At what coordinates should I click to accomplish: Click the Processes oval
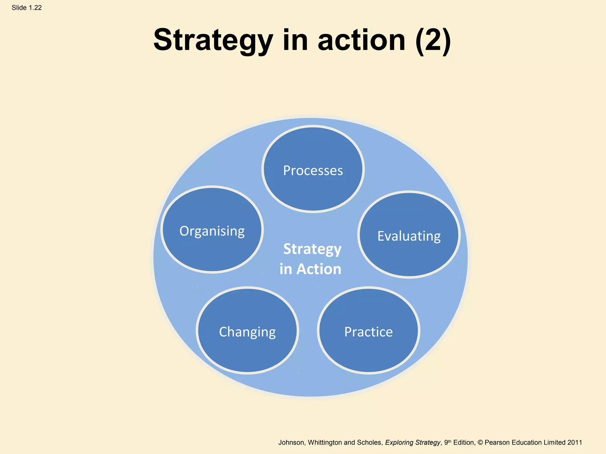313,169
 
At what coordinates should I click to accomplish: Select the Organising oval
212,230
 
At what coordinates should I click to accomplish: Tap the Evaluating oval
409,235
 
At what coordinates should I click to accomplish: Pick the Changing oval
247,330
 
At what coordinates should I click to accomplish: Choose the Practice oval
368,330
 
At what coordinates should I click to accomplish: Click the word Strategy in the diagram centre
312,249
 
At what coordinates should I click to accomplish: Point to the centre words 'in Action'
310,269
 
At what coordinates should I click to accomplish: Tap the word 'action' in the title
361,40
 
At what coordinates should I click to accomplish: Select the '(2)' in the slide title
433,40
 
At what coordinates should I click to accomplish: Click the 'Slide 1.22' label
27,8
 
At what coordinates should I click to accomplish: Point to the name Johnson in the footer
291,442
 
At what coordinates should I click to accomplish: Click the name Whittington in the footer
325,442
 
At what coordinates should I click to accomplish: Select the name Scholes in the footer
370,442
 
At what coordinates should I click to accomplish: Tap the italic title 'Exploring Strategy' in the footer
412,442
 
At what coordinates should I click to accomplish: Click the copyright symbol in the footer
480,442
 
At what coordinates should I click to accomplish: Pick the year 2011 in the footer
575,442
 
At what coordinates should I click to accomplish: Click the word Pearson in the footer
497,442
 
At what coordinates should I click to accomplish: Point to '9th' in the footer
448,442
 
